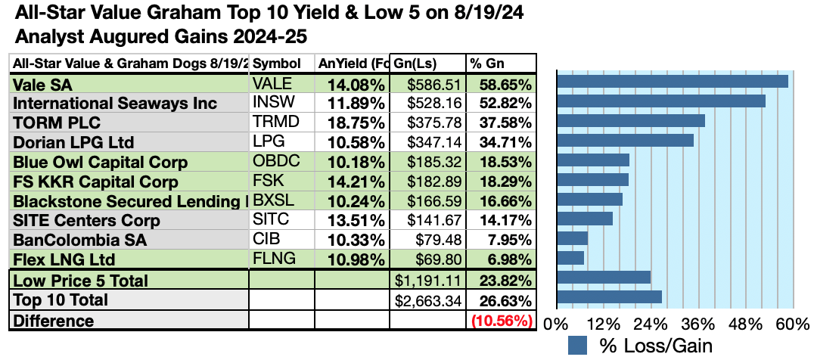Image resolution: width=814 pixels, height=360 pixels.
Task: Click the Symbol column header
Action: [x=277, y=64]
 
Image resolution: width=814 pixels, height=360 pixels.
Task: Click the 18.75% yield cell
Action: [x=356, y=123]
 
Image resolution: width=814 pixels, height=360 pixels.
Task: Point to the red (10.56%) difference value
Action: [x=502, y=321]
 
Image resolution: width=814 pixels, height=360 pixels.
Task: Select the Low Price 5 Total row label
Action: [x=80, y=281]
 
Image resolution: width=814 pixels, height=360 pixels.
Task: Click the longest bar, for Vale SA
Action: [x=673, y=82]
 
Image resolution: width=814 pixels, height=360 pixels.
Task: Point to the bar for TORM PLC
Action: [x=631, y=121]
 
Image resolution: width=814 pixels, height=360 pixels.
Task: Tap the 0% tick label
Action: [x=557, y=325]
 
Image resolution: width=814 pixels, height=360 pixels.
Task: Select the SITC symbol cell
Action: [x=271, y=219]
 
